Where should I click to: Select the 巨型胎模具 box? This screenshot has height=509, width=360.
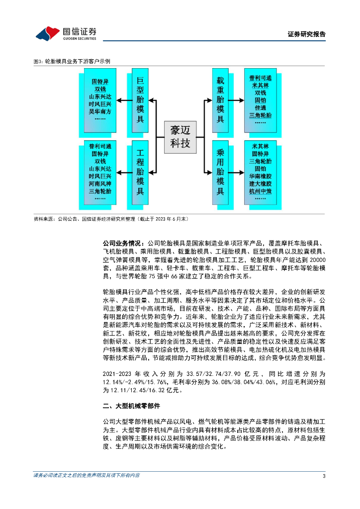pyautogui.click(x=140, y=99)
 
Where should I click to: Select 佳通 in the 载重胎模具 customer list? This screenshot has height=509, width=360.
pyautogui.click(x=261, y=107)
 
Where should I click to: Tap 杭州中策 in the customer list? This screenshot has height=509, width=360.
pyautogui.click(x=261, y=191)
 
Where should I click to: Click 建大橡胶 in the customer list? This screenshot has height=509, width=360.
pyautogui.click(x=261, y=183)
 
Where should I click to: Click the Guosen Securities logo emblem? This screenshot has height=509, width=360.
pyautogui.click(x=47, y=33)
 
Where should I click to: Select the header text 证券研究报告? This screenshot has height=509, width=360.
pyautogui.click(x=307, y=34)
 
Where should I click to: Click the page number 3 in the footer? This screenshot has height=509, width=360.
pyautogui.click(x=324, y=476)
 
